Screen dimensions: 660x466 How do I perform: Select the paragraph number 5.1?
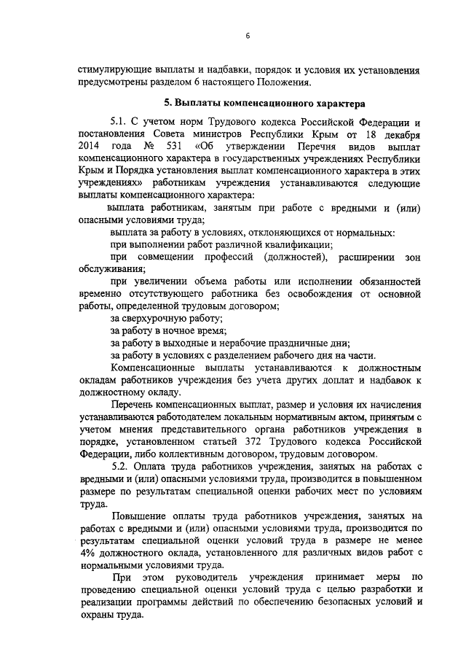coord(120,123)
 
